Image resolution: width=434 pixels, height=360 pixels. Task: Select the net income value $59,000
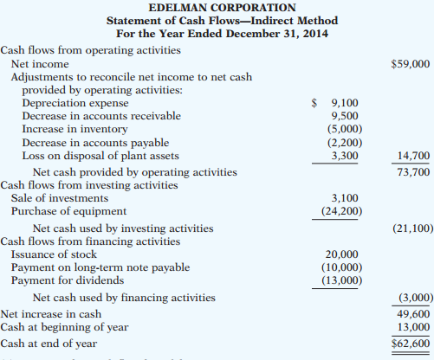(411, 64)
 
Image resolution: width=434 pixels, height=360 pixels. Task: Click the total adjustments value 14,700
(413, 157)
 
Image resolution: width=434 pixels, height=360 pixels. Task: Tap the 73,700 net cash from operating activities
(413, 171)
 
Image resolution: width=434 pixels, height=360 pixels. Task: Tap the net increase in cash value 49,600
(413, 312)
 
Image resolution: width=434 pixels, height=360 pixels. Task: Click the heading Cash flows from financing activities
(90, 241)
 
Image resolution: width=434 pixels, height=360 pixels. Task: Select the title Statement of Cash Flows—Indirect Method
(223, 20)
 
